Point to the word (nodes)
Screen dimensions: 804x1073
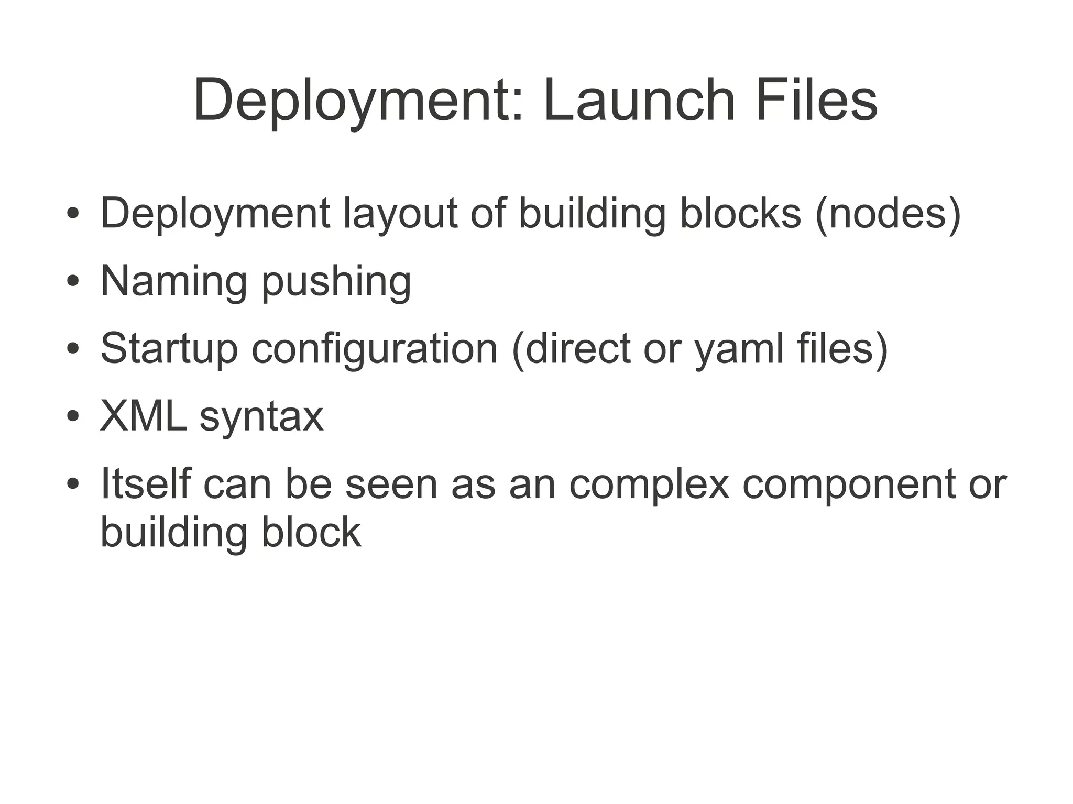coord(888,213)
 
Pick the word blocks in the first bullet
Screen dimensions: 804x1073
coord(740,213)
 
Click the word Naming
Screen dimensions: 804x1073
coord(173,281)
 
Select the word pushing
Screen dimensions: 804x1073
coord(336,281)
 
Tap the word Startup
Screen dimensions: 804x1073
coord(169,349)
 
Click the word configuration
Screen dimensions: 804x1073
coord(375,349)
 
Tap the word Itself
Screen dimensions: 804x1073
coord(145,483)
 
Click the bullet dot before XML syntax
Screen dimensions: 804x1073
coord(73,417)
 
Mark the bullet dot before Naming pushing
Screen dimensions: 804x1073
coord(73,281)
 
